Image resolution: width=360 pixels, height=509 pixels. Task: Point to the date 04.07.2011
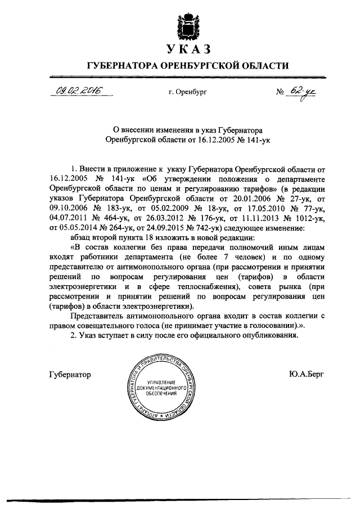69,219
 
